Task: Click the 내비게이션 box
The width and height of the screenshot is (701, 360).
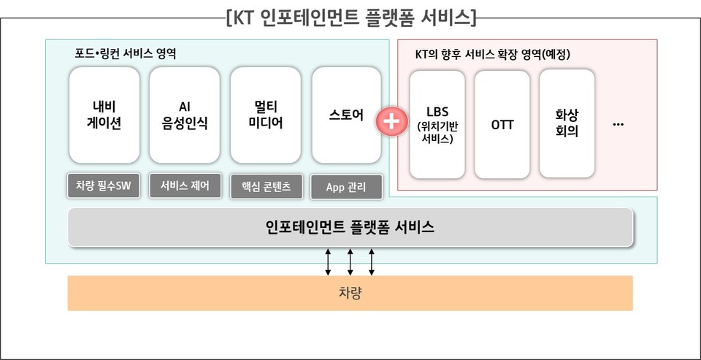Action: coord(104,115)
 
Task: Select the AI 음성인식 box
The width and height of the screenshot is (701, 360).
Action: coord(184,115)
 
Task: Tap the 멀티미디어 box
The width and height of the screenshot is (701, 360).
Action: coord(265,115)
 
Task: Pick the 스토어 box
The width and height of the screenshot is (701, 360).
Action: coord(346,115)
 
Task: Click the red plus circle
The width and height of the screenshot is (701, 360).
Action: coord(391,120)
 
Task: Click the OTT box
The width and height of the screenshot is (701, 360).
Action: coord(502,125)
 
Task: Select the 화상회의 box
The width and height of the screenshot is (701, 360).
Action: coord(567,125)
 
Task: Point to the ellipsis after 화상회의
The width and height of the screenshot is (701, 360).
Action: coord(618,124)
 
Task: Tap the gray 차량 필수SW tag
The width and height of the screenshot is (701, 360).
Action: coord(103,186)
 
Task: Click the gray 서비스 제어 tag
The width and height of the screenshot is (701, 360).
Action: coord(184,186)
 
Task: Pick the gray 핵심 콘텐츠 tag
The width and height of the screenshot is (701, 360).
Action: coord(265,187)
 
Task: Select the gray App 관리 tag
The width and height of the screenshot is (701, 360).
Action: coord(346,187)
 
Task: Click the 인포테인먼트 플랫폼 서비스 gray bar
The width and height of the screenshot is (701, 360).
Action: coord(350,227)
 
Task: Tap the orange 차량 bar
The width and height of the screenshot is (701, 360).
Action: coord(350,294)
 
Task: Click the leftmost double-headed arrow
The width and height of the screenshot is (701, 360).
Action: coord(328,261)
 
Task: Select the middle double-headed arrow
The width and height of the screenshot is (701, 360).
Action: coord(350,261)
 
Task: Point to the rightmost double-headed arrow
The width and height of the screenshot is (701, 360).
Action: coord(372,261)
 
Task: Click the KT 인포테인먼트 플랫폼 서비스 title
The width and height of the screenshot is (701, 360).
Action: coord(351,17)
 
